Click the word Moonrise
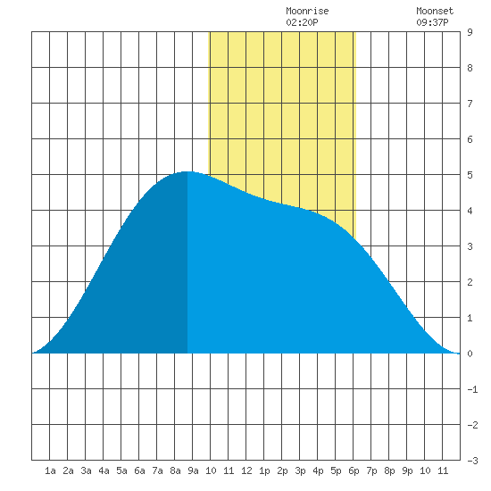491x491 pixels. (307, 11)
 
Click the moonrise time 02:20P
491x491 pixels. (302, 22)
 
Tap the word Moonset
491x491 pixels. (435, 11)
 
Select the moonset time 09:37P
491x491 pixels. (432, 22)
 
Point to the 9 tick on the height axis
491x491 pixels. (470, 32)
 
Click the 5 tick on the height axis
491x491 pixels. (470, 175)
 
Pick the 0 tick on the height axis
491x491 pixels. (470, 354)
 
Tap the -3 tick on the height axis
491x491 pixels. (472, 461)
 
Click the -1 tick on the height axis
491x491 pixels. (472, 389)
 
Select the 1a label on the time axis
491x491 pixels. (50, 470)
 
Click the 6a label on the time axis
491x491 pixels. (139, 470)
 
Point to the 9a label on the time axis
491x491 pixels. (193, 470)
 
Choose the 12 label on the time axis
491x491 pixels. (246, 470)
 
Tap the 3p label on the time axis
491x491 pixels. (300, 471)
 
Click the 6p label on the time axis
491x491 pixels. (354, 471)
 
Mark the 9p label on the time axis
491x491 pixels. (407, 471)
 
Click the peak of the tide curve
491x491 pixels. (187, 171)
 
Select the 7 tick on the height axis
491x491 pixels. (470, 104)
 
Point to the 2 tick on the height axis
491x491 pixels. (470, 282)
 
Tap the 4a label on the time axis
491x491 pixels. (104, 470)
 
